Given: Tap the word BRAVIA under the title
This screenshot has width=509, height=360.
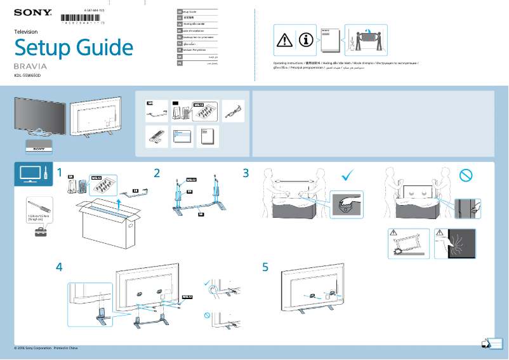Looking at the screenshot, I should [31, 66].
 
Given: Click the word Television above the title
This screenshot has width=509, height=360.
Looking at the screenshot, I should [26, 31].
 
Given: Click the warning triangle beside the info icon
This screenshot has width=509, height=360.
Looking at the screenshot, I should [285, 40].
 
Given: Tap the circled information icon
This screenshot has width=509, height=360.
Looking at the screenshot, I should [306, 40].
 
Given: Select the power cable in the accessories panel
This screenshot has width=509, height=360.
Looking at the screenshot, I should [233, 110].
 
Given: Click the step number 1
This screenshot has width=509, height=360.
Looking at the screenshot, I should [59, 172].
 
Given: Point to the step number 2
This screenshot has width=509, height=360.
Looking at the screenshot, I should [157, 172].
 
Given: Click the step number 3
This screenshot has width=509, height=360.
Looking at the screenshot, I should [246, 172].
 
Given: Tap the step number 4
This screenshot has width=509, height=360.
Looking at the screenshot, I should [59, 267].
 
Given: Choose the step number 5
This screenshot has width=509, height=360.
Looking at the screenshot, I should [265, 267].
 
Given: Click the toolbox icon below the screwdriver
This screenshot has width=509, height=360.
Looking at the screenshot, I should [40, 232].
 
